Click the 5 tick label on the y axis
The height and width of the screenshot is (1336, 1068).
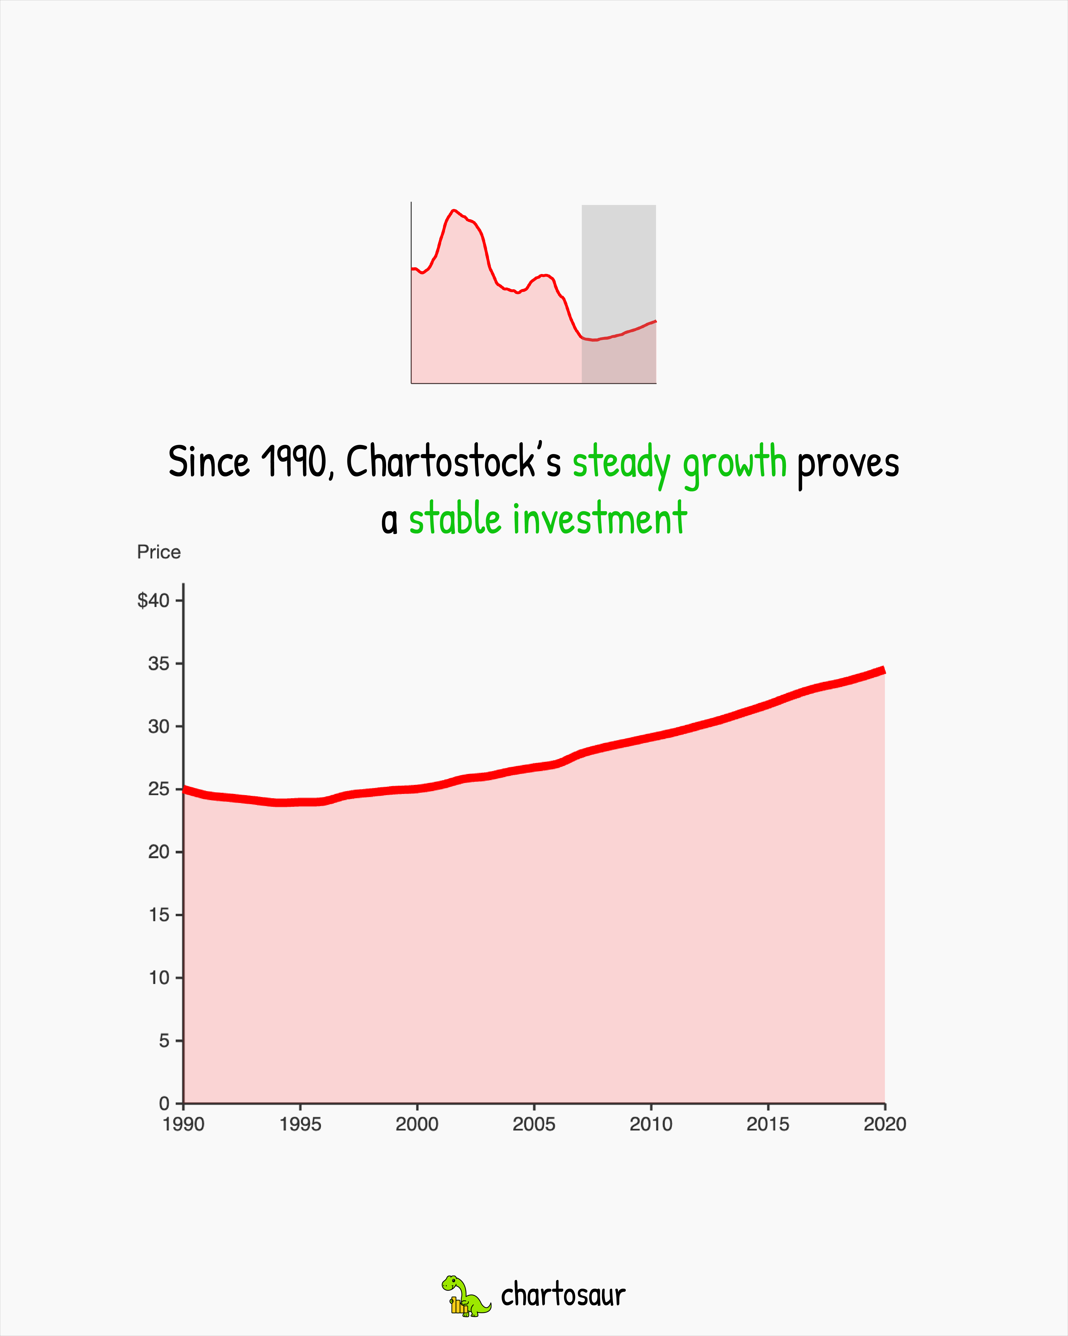tap(164, 1040)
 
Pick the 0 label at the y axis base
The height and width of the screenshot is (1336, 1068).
tap(164, 1104)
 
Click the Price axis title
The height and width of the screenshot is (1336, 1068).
tap(159, 552)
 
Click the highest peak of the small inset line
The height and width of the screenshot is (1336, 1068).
tap(454, 211)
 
